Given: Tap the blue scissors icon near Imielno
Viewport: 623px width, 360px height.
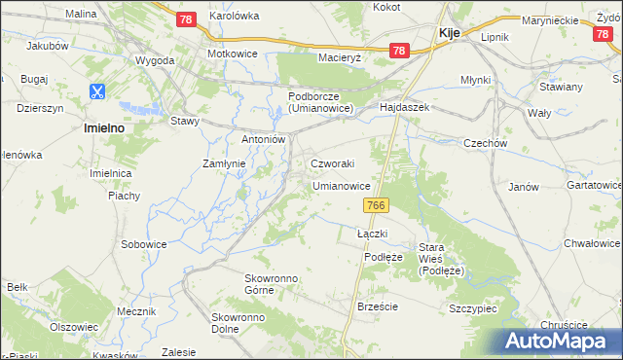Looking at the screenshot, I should click(x=97, y=92).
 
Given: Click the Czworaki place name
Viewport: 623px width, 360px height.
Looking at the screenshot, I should click(x=332, y=163).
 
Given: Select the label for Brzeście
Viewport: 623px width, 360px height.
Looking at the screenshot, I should click(x=378, y=306).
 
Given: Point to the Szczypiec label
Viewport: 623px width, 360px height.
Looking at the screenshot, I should click(x=473, y=306).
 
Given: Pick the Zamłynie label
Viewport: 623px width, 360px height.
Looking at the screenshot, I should click(x=223, y=163).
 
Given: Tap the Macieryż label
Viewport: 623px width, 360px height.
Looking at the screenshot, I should click(x=340, y=57).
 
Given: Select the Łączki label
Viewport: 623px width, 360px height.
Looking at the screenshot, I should click(x=373, y=234).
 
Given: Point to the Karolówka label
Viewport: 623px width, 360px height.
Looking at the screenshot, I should click(x=235, y=17).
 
